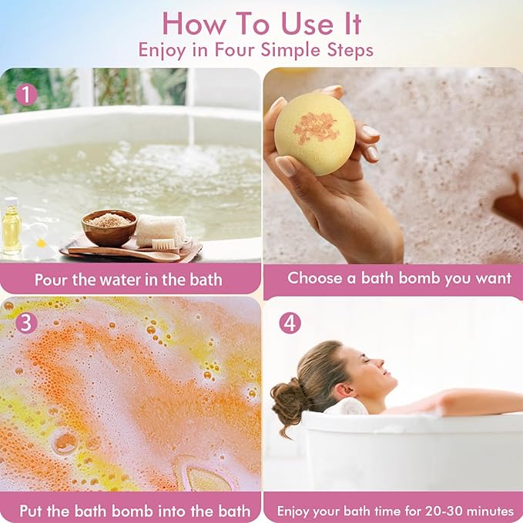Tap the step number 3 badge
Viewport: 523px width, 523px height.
point(26,322)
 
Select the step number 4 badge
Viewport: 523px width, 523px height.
point(290,323)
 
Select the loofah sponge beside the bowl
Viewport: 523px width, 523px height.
point(161,229)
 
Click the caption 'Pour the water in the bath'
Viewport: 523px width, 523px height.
point(128,280)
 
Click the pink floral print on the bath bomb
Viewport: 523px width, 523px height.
point(315,126)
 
